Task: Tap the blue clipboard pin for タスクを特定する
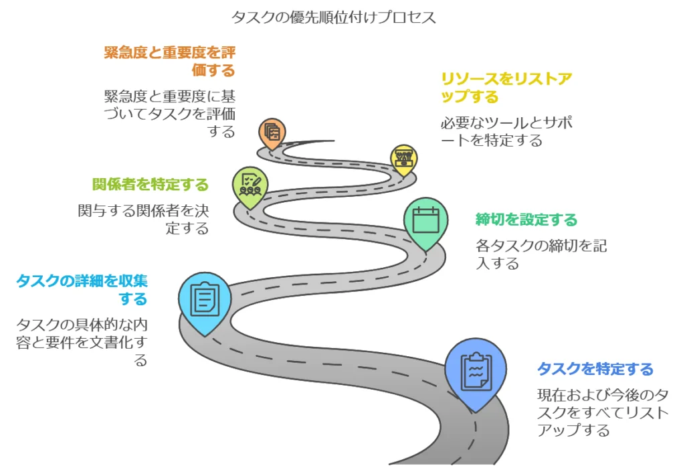click(x=476, y=370)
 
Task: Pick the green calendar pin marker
click(x=425, y=220)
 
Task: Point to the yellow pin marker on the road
click(x=403, y=158)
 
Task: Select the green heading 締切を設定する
click(x=526, y=220)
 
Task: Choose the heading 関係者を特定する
click(x=151, y=184)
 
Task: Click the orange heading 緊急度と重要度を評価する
click(x=170, y=61)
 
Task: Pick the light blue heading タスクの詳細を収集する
click(x=82, y=289)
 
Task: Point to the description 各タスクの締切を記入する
click(x=541, y=254)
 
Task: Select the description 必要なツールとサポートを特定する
click(x=506, y=132)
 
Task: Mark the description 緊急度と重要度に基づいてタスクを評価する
click(x=170, y=113)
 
